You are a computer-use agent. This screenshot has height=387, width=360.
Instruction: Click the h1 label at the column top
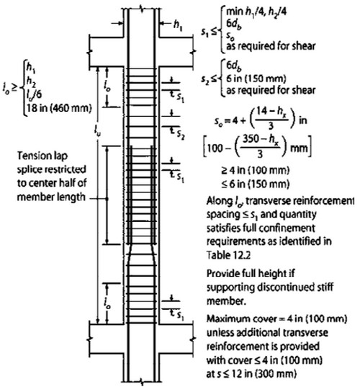pos(178,25)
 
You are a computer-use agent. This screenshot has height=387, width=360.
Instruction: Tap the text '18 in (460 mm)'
pos(59,108)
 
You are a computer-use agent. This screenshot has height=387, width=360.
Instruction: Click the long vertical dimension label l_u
pos(97,131)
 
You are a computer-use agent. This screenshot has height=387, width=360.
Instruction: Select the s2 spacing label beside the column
pos(181,135)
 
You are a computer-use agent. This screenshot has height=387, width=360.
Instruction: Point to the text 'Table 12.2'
pos(228,255)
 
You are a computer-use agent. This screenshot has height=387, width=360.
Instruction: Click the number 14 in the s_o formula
pos(262,111)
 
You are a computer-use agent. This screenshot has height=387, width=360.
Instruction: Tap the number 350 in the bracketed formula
pos(251,139)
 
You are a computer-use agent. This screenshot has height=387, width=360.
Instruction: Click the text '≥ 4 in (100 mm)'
pos(255,170)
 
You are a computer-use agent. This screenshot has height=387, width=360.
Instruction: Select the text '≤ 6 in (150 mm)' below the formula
pos(255,184)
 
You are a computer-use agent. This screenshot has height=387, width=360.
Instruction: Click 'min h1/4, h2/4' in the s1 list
pos(256,11)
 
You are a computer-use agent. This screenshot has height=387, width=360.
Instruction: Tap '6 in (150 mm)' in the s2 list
pos(256,79)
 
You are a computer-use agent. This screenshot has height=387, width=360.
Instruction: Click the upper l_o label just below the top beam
pos(107,86)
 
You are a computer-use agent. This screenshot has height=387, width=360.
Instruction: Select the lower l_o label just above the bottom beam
pos(107,303)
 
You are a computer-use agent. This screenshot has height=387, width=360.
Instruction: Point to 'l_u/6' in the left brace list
pos(34,94)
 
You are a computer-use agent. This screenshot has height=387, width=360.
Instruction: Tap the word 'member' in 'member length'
pos(35,197)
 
